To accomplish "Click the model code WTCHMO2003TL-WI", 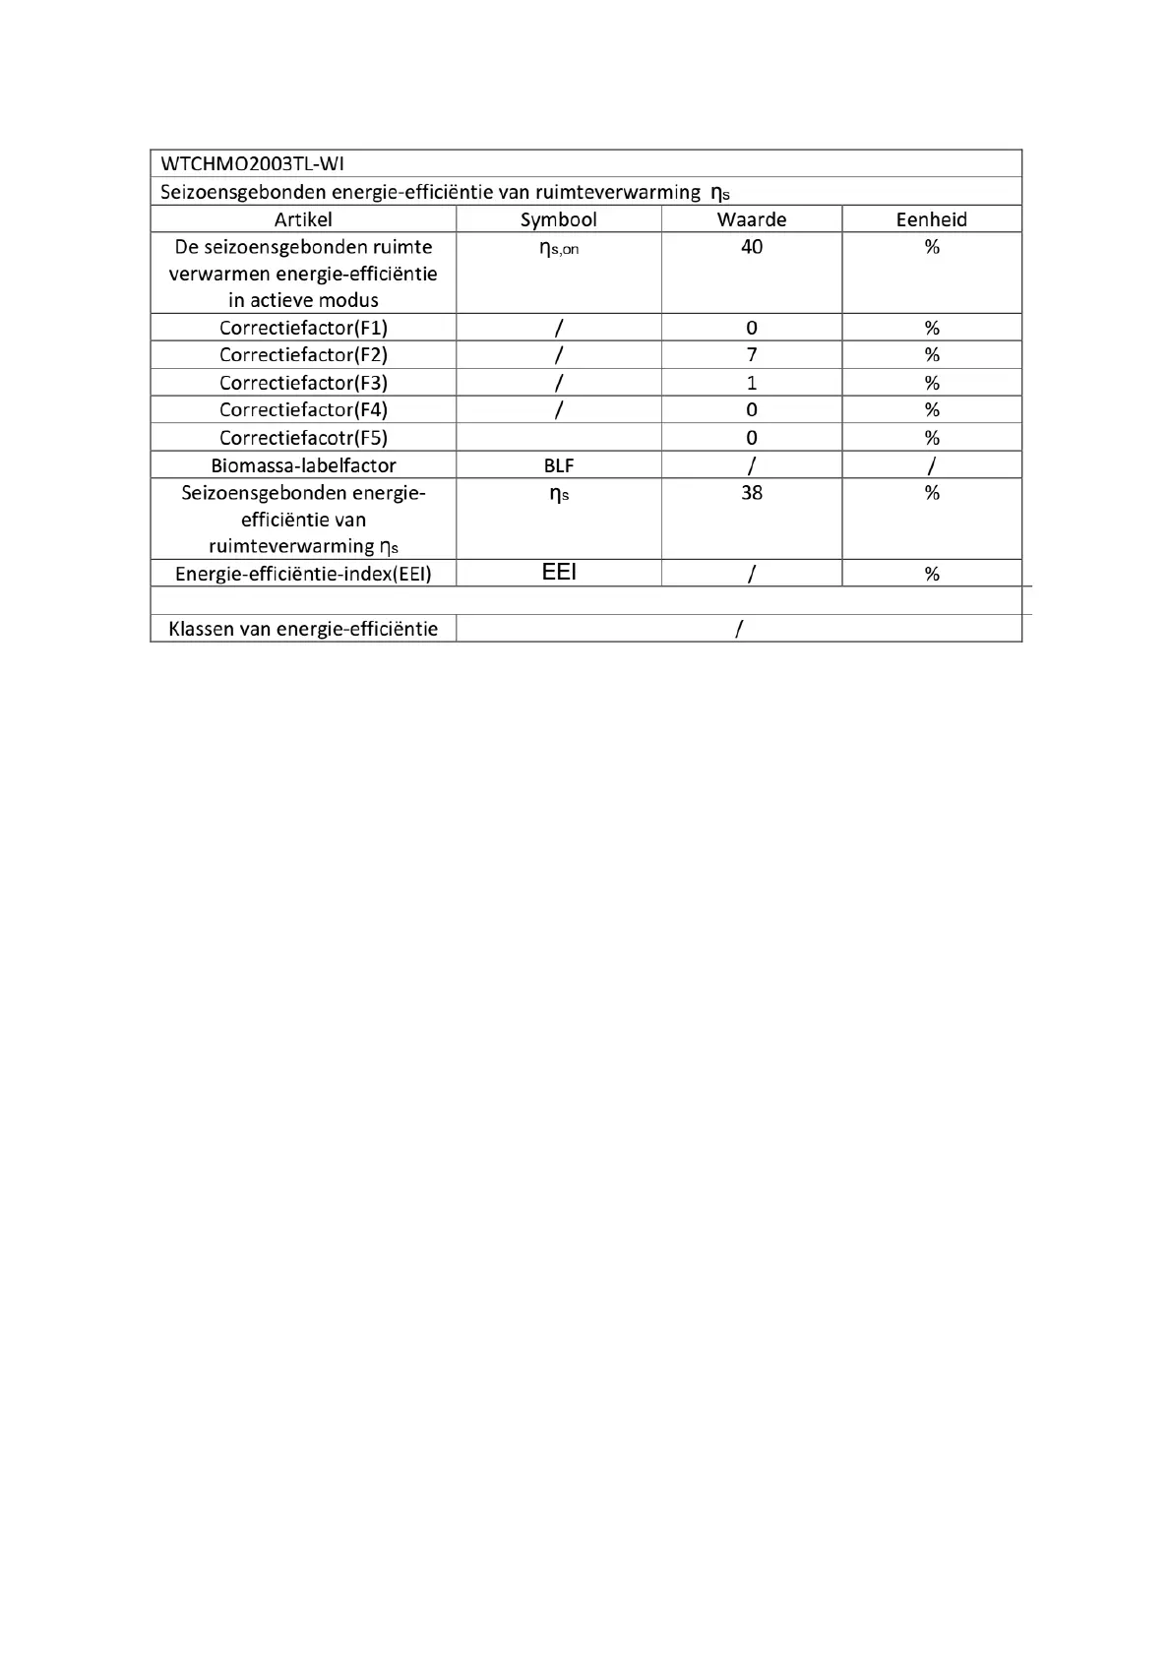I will click(252, 163).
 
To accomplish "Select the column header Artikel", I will click(303, 219).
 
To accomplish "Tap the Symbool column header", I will click(558, 219).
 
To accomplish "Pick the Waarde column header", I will click(752, 219).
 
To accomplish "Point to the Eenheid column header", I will click(931, 219).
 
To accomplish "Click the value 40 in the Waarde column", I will click(752, 247).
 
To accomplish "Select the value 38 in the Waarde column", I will click(752, 493).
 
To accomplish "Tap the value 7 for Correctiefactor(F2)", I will click(752, 355).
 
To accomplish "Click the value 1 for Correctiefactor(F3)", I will click(752, 383).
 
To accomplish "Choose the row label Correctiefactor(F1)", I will click(303, 328).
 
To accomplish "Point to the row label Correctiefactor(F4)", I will click(303, 410).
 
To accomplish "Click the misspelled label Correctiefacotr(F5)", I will click(303, 438).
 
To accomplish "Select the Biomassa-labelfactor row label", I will click(303, 465).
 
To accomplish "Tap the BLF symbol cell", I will click(559, 465).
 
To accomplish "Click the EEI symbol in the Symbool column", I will click(559, 573).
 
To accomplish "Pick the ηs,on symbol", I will click(559, 249).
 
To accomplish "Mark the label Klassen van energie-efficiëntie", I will click(303, 629).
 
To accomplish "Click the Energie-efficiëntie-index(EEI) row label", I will click(303, 574).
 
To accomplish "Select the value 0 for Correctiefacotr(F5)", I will click(752, 438).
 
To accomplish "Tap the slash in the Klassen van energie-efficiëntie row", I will click(739, 629).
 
